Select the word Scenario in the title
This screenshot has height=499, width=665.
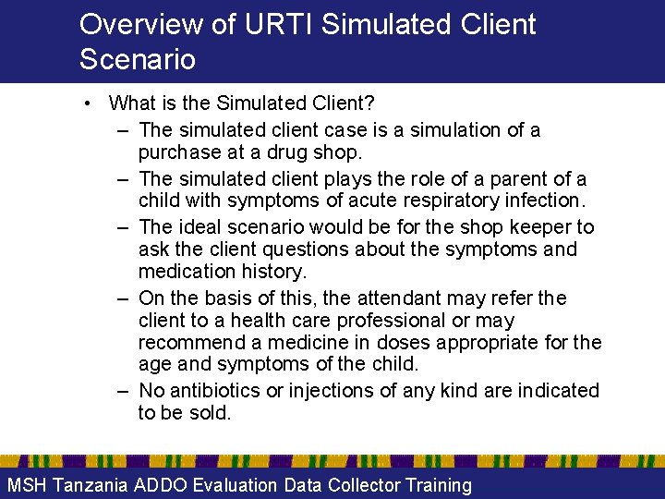(138, 59)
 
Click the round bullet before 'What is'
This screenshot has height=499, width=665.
(86, 103)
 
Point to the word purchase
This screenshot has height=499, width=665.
(180, 152)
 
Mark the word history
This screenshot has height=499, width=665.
(275, 272)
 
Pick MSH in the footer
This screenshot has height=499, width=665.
(27, 485)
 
